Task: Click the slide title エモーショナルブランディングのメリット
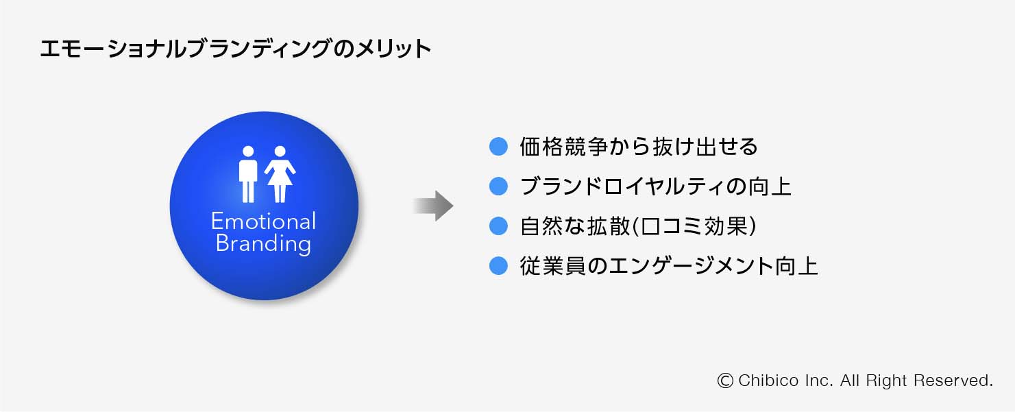point(235,49)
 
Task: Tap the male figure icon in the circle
point(247,174)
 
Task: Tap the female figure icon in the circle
point(280,174)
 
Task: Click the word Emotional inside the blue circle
point(263,221)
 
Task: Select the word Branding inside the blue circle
point(263,244)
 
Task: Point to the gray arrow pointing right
point(433,206)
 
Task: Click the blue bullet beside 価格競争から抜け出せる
point(498,146)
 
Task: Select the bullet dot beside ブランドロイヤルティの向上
point(498,186)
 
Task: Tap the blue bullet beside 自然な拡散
point(498,226)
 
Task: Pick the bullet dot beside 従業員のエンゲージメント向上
point(498,265)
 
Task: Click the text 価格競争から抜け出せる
point(639,147)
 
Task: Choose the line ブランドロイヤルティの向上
point(656,186)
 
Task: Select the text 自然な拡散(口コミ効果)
point(639,226)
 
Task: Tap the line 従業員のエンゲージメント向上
point(669,266)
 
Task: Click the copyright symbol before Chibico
point(725,380)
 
